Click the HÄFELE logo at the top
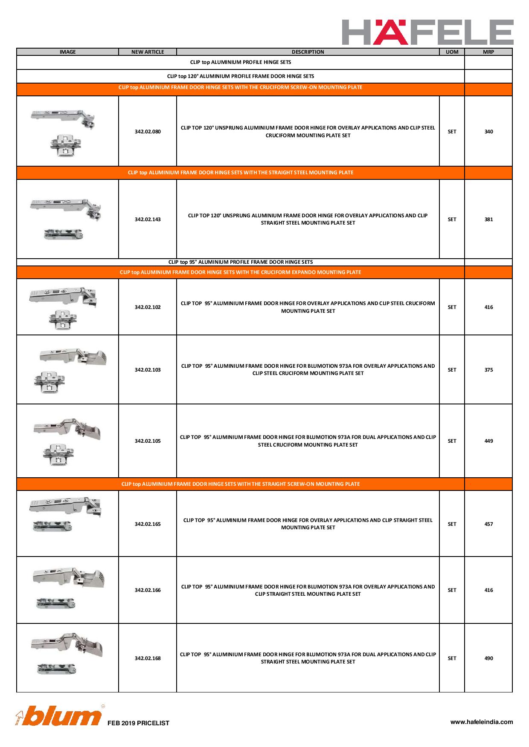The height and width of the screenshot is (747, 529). coord(427,32)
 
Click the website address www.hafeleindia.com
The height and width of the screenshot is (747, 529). coord(482,722)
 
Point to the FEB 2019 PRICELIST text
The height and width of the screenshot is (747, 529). coord(138,723)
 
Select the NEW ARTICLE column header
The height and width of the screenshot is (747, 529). coord(148,52)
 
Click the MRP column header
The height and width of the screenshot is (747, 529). coord(488,52)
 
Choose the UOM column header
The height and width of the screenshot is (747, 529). coord(452,52)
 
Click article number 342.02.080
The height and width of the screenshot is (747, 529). coord(148,132)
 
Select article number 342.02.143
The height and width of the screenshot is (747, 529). coord(148,219)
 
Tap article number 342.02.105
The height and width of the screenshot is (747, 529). coord(148,441)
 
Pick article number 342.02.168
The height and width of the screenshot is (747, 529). coord(148,658)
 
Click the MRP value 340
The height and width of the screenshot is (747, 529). coord(488,132)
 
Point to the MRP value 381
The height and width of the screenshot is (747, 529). coord(488,219)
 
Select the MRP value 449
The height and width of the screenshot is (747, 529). coord(488,441)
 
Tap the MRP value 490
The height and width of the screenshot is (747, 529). coord(488,658)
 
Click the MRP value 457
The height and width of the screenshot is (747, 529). coord(488,524)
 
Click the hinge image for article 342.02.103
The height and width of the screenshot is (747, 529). coord(68,369)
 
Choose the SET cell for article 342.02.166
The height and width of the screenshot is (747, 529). coord(452,590)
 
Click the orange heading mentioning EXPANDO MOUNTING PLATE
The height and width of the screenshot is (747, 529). coord(240,272)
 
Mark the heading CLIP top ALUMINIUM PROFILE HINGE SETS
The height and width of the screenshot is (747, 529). coord(240,62)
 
